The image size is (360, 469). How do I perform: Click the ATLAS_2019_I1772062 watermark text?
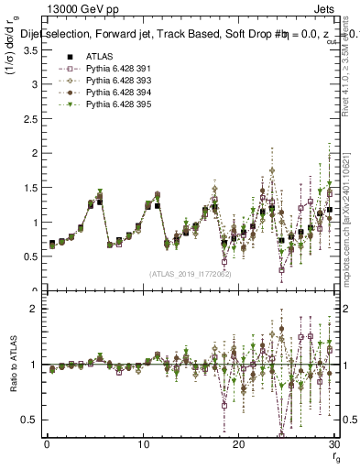[x=190, y=274]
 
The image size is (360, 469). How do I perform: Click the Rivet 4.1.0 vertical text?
[x=344, y=69]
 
